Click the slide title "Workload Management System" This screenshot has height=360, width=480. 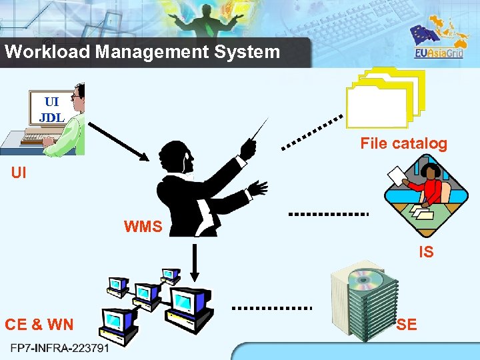click(x=142, y=52)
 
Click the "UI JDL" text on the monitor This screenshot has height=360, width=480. click(x=51, y=109)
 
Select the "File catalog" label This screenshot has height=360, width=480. click(x=403, y=143)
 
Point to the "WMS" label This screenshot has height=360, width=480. click(x=143, y=227)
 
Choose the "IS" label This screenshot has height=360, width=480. click(x=426, y=252)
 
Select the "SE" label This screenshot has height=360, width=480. click(x=407, y=325)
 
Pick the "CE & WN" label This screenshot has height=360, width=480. click(x=39, y=325)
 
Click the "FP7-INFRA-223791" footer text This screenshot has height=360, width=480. click(x=60, y=348)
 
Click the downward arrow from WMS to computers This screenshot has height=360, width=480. click(x=194, y=263)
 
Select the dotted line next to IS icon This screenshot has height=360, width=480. click(x=328, y=214)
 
